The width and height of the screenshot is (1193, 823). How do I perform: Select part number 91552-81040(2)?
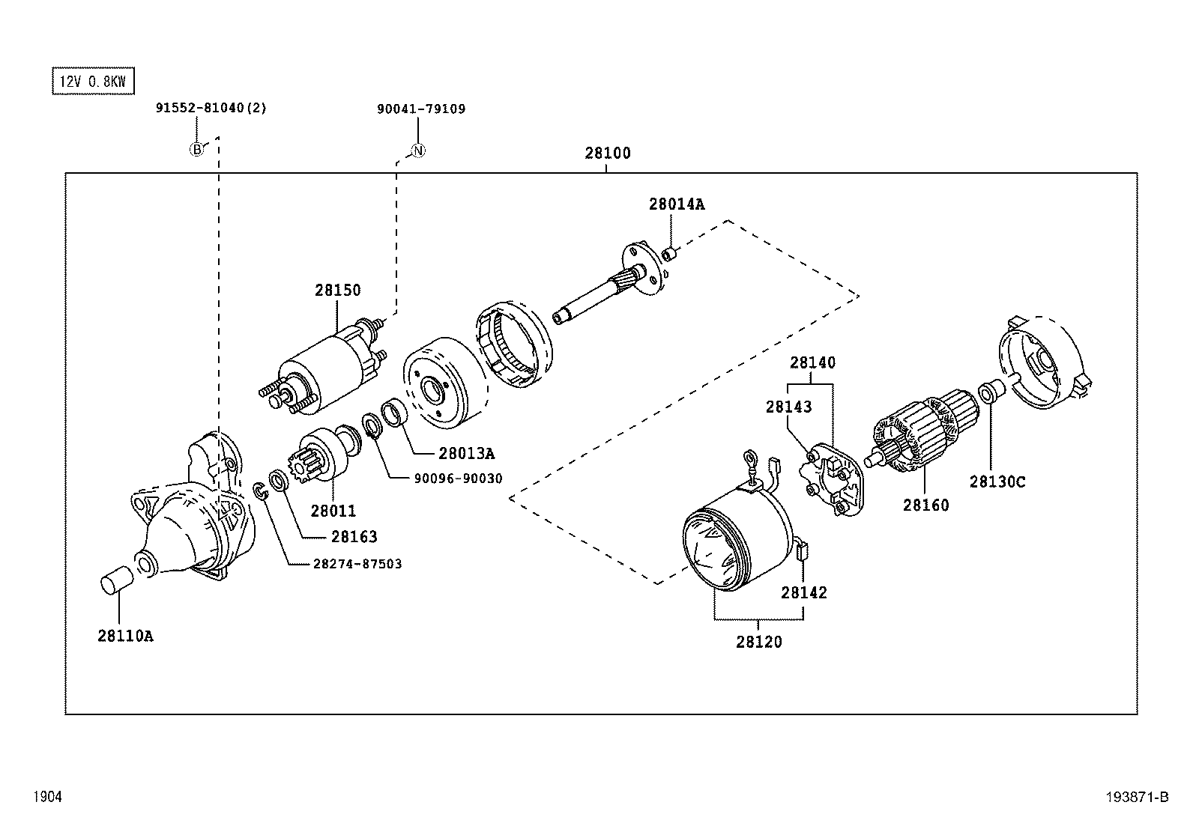(211, 109)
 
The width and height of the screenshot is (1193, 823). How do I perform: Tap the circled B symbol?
(196, 150)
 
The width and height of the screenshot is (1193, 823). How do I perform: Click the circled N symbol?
(419, 151)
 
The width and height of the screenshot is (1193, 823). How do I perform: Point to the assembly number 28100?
(607, 154)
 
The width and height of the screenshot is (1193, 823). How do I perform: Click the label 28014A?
(676, 204)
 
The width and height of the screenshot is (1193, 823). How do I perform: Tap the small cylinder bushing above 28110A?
(116, 580)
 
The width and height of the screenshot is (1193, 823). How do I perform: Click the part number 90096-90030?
(457, 479)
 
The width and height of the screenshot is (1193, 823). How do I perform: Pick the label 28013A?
(466, 454)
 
